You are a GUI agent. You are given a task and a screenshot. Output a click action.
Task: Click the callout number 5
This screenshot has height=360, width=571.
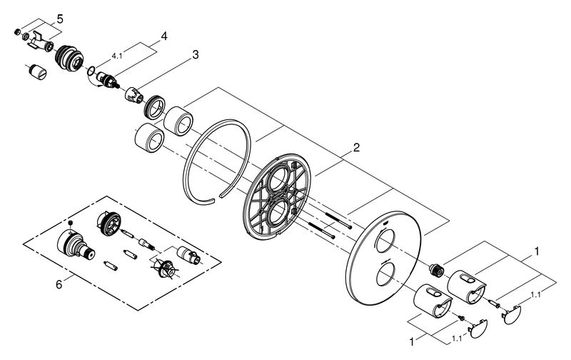point(60,19)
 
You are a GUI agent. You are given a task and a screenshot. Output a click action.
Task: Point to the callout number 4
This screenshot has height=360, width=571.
point(164,36)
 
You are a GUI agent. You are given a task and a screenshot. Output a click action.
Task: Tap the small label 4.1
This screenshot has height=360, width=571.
point(117,56)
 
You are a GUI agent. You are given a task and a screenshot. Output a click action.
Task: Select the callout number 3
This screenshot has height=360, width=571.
point(196,55)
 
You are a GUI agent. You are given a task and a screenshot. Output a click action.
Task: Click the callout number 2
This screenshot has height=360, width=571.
point(356,147)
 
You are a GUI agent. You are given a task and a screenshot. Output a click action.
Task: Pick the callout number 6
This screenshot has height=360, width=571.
point(59,284)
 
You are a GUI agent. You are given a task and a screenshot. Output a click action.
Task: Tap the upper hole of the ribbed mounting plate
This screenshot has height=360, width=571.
point(278,179)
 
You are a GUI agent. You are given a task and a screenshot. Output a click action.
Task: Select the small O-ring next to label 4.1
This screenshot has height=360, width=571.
point(91,70)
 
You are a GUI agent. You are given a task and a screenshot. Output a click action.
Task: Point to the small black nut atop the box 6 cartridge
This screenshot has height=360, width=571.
point(71,223)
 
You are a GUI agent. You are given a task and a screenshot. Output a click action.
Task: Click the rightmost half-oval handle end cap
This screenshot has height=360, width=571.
point(512,315)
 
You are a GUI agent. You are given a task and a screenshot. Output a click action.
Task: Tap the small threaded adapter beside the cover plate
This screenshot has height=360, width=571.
point(436,270)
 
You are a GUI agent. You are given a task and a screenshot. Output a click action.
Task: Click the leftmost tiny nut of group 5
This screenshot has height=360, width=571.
point(17,32)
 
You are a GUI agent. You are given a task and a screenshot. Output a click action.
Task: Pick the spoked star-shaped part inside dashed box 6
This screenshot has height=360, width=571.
point(165,269)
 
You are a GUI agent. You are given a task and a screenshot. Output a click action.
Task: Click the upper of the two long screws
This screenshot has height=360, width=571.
point(338,221)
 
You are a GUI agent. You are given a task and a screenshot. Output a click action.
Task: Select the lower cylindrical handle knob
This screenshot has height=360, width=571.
point(433,301)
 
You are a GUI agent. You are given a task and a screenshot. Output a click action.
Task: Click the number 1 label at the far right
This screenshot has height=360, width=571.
point(537,251)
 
